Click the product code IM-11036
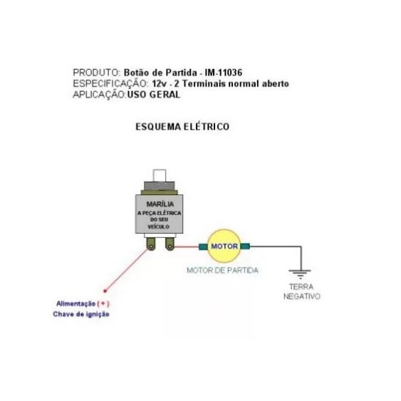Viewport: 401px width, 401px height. (x=223, y=73)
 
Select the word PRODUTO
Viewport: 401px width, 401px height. (x=96, y=73)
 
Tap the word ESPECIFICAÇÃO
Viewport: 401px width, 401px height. (x=110, y=84)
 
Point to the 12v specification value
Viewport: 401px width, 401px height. (x=160, y=83)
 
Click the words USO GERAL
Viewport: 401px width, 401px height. (x=154, y=95)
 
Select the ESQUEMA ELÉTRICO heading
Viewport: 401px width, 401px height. (x=182, y=127)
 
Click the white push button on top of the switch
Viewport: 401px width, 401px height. (x=160, y=175)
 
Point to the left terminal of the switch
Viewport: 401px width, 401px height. (x=151, y=244)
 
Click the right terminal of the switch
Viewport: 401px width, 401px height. (x=170, y=244)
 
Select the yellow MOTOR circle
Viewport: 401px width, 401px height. (x=224, y=246)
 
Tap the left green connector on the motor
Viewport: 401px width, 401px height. (x=203, y=246)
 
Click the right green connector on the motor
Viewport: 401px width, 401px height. (x=245, y=246)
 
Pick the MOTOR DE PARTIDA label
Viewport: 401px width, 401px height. (x=222, y=271)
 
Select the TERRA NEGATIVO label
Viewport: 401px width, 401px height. (x=302, y=291)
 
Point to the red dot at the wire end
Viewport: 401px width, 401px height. (x=105, y=291)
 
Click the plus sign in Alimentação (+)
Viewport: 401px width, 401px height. (x=103, y=303)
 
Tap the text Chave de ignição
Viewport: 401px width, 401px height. (x=81, y=314)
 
